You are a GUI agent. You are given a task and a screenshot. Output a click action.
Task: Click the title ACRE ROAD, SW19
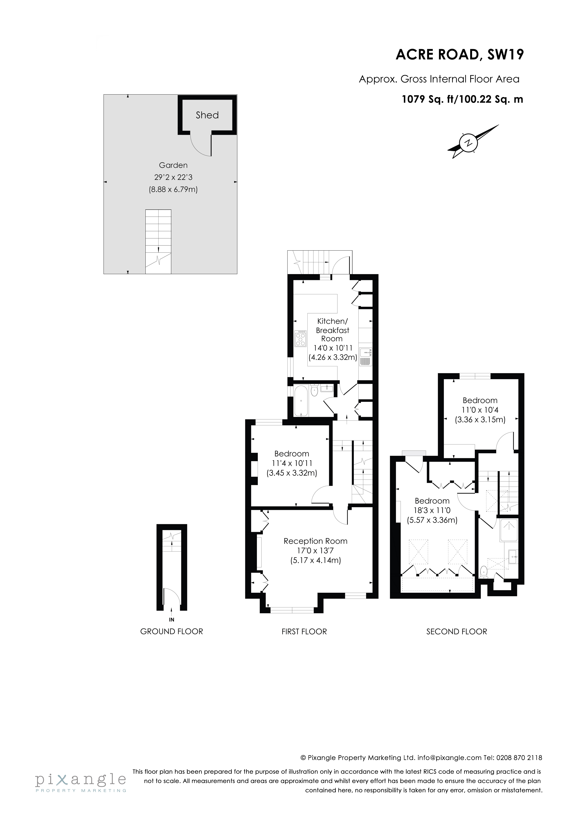[x=460, y=55]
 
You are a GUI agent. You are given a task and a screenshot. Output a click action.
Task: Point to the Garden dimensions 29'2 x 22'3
[x=173, y=177]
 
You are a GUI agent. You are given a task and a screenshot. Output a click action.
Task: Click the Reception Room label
[x=315, y=541]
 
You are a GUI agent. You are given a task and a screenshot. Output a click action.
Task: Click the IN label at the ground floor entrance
[x=172, y=620]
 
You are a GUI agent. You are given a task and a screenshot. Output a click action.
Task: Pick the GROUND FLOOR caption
[x=171, y=632]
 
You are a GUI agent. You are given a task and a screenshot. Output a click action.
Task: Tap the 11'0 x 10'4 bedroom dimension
[x=480, y=410]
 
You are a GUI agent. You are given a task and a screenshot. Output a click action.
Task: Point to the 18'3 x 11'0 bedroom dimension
[x=432, y=510]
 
